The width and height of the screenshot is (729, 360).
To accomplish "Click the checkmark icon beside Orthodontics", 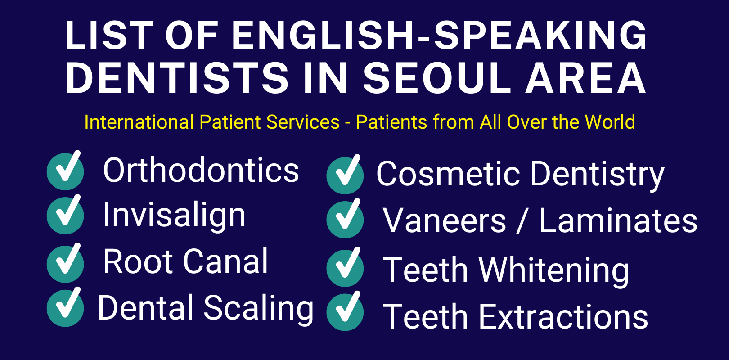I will click(x=66, y=171).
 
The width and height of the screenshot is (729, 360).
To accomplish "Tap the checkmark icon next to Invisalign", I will click(x=66, y=215).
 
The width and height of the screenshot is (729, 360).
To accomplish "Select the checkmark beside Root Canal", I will click(x=66, y=263).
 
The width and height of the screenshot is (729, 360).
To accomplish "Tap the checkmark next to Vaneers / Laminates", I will click(x=345, y=219).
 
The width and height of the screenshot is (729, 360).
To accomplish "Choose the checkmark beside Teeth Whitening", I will click(x=345, y=268).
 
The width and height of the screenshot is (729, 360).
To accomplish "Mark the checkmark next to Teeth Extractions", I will click(x=345, y=312).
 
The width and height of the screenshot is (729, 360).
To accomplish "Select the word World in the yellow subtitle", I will click(x=610, y=122).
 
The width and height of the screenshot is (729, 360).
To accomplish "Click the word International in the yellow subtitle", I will click(x=139, y=122).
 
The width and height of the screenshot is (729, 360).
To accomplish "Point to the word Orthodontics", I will click(x=201, y=171).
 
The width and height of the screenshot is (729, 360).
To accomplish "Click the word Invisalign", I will click(x=175, y=215).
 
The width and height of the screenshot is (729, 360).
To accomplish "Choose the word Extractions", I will click(x=563, y=317).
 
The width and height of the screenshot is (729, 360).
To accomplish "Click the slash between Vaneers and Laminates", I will click(x=522, y=221).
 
